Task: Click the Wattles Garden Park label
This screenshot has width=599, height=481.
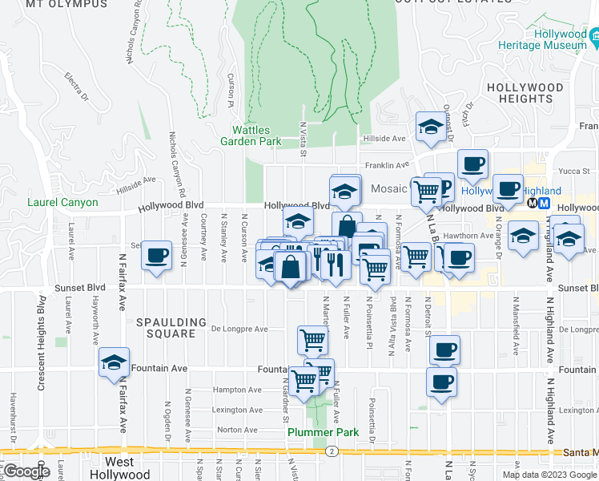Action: tap(256, 135)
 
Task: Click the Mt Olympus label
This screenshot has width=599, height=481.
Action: tap(66, 4)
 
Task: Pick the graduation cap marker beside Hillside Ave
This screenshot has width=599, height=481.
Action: tap(430, 127)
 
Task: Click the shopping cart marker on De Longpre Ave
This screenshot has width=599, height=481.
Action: tap(312, 339)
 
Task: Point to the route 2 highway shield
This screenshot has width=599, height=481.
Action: tap(330, 451)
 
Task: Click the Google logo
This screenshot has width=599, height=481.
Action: tap(26, 471)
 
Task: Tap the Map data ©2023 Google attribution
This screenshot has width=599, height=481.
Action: tap(549, 475)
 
